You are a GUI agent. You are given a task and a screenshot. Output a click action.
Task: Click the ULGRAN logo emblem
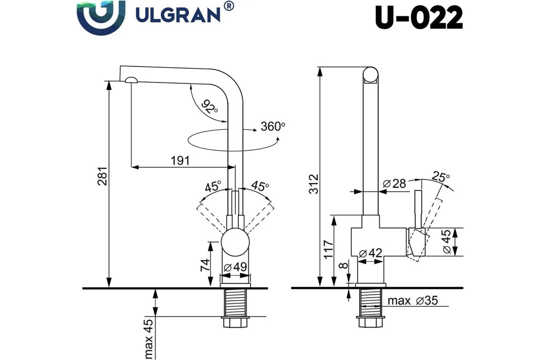101,18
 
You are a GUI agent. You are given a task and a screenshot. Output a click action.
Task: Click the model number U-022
419,18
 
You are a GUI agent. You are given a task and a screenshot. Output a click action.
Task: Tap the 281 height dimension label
102,176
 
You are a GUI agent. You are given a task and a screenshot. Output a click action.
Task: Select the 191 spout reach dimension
180,161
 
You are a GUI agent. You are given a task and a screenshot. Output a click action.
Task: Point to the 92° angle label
209,106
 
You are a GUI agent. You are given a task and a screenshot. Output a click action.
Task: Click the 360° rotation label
273,126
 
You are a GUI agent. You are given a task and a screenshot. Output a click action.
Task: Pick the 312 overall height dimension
314,184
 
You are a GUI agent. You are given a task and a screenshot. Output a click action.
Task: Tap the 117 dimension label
328,249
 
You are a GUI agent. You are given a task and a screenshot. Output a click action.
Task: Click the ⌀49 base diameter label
235,267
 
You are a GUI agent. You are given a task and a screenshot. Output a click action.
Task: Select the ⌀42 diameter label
370,253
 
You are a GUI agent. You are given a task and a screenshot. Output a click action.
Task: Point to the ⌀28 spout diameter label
394,184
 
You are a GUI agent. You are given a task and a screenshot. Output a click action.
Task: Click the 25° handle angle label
441,177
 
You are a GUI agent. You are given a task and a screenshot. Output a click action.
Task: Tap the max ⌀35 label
413,301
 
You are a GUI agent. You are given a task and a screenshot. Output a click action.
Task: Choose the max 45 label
149,339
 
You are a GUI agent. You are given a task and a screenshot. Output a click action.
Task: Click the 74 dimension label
205,265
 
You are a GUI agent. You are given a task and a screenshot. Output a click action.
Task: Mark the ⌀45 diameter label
447,242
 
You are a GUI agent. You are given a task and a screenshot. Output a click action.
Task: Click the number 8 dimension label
343,265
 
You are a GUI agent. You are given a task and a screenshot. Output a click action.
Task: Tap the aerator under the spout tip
131,80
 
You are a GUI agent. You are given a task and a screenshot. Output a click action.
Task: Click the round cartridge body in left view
235,243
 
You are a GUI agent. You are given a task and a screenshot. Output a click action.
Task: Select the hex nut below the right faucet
370,322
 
